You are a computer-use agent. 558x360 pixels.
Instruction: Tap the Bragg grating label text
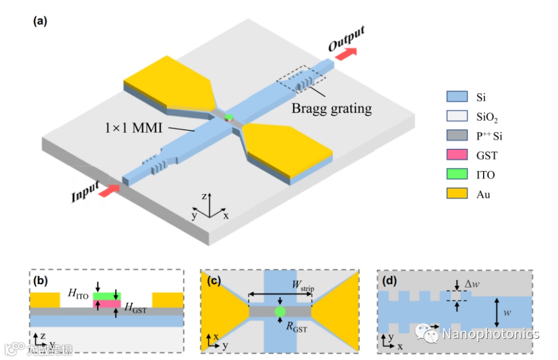331,108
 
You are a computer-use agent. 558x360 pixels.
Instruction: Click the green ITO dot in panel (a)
229,117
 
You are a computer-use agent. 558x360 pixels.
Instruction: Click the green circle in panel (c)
280,311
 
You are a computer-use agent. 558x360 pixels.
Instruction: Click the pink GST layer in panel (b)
106,304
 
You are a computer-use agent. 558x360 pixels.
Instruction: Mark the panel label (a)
40,21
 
